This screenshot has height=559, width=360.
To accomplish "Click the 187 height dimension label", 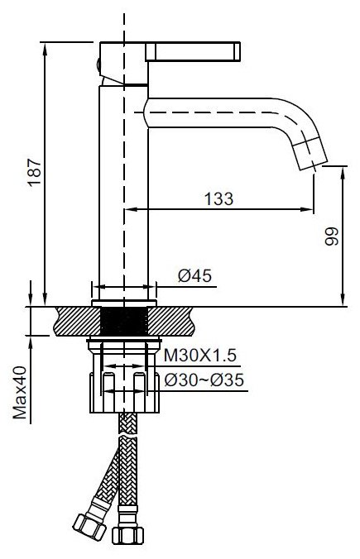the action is [x=35, y=173].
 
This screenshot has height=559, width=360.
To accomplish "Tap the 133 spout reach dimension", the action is [x=218, y=198].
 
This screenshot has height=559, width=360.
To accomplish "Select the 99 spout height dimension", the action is [x=331, y=236].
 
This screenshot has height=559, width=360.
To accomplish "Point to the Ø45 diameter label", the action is [x=194, y=275].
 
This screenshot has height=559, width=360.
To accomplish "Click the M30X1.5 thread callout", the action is [x=199, y=355].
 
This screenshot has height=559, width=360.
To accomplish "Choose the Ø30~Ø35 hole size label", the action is [x=204, y=380].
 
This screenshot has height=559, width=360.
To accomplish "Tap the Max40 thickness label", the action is [x=20, y=392].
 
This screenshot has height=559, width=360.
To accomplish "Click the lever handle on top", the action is [x=193, y=51].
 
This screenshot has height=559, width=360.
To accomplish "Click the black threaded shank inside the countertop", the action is [x=124, y=321].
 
